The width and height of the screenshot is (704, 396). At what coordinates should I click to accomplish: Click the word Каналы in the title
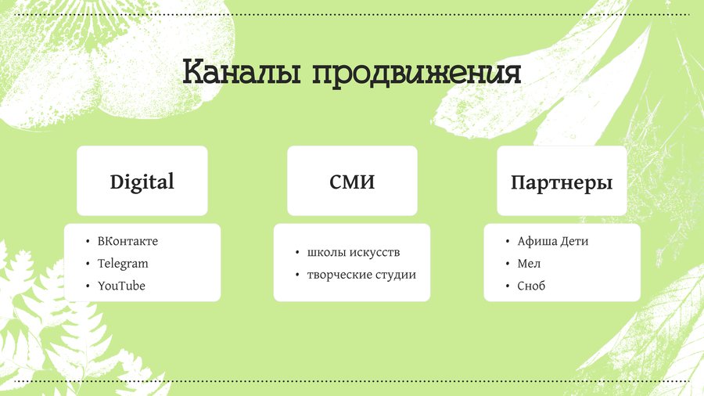[242, 72]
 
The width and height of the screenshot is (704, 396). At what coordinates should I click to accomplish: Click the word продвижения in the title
[416, 73]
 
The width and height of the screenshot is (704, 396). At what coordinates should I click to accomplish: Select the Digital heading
[142, 182]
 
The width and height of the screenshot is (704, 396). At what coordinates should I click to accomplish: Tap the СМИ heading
[352, 182]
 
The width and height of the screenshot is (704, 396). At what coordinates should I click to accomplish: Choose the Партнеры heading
[562, 183]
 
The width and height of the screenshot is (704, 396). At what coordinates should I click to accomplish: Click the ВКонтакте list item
[128, 241]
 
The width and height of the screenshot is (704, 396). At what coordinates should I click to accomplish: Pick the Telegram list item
[123, 264]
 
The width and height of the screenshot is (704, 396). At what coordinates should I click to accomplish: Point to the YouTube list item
[121, 286]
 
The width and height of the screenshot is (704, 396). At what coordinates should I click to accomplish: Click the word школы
[326, 252]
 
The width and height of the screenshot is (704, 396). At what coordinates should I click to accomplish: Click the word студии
[397, 275]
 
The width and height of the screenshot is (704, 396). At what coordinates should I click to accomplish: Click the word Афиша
[537, 241]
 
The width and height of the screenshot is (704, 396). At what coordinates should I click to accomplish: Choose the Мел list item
[529, 264]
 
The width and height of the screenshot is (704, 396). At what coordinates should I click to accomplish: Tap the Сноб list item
[531, 286]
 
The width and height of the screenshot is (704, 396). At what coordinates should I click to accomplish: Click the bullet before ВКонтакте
[88, 242]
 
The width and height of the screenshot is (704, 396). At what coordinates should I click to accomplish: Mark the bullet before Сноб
[508, 286]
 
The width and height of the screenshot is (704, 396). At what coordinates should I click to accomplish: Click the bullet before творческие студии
[297, 275]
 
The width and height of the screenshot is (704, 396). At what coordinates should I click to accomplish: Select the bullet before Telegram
[88, 264]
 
